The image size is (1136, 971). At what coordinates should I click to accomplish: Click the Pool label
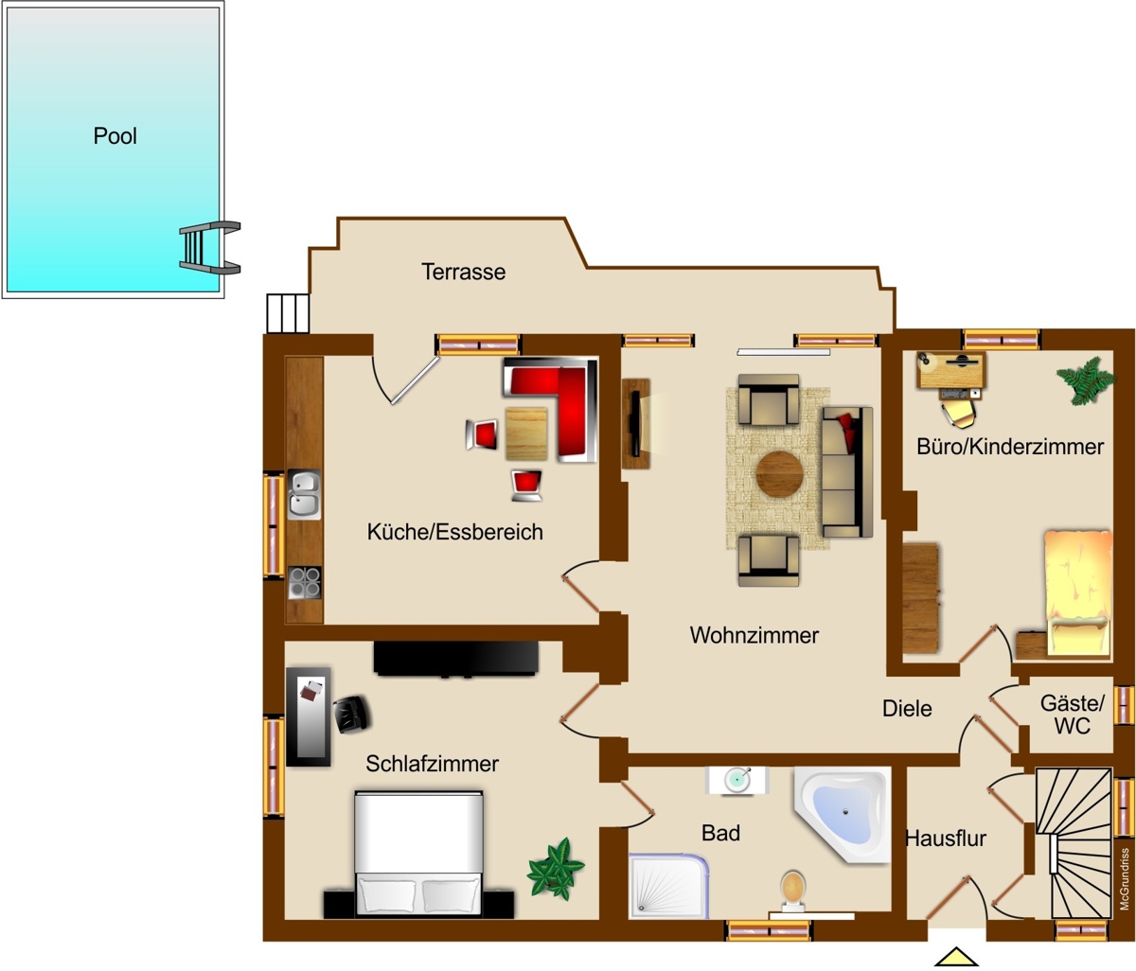click(x=115, y=135)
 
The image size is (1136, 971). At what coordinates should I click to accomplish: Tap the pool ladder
click(x=209, y=247)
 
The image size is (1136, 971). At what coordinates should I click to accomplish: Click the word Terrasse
click(x=463, y=272)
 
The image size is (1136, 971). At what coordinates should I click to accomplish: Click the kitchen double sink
click(x=304, y=494)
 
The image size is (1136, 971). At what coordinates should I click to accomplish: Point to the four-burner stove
click(x=305, y=582)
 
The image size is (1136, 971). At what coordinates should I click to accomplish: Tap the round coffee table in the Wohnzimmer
click(x=779, y=474)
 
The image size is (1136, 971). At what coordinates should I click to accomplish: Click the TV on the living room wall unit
click(x=636, y=423)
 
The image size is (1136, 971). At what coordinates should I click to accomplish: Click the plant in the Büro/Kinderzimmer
click(x=1086, y=380)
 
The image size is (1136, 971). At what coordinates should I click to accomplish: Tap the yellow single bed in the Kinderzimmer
click(x=1077, y=592)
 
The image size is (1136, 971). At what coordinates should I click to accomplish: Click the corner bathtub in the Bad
click(x=842, y=814)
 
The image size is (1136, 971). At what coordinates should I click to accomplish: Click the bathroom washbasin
click(x=737, y=779)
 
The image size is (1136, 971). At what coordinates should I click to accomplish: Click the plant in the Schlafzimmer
click(x=555, y=869)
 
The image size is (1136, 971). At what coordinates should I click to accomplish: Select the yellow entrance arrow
click(x=956, y=957)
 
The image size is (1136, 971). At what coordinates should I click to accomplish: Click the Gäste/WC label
click(x=1073, y=715)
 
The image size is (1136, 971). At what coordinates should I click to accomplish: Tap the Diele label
click(x=907, y=708)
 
